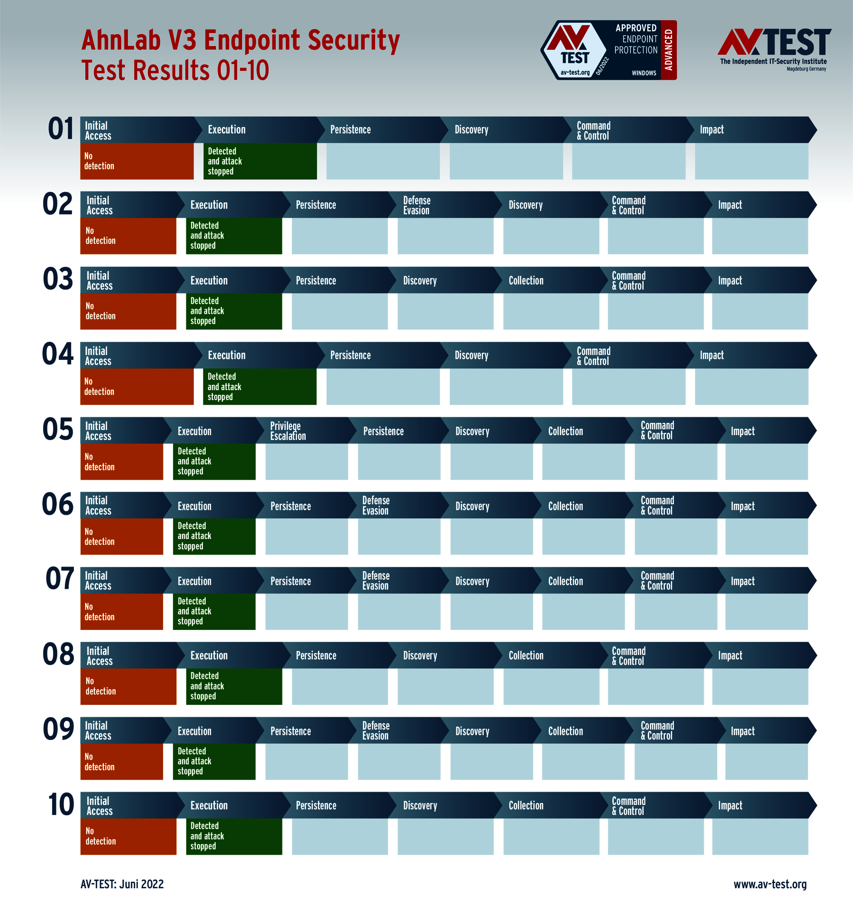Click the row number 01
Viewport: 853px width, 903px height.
[61, 129]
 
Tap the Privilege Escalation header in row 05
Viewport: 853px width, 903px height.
[288, 430]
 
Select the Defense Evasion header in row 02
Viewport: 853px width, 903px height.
[417, 205]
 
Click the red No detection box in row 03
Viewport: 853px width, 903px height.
[128, 311]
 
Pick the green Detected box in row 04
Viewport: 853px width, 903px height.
[260, 386]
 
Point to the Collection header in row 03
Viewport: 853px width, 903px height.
[526, 280]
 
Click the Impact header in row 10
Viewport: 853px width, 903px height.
[730, 805]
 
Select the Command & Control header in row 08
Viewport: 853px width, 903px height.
[628, 656]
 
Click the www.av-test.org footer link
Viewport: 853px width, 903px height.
[770, 884]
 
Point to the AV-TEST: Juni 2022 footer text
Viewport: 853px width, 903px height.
[122, 884]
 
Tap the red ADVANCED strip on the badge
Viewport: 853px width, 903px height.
[669, 50]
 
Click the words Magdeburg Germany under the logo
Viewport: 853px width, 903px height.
[806, 69]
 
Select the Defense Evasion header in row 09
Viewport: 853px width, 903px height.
[376, 730]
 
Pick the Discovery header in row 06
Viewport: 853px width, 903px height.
[472, 506]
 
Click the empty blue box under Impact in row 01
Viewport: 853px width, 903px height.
[751, 161]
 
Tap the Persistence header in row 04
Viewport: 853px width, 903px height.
[351, 355]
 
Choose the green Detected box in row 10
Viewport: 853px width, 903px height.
[234, 836]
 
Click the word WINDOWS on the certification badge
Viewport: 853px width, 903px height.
[644, 73]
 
